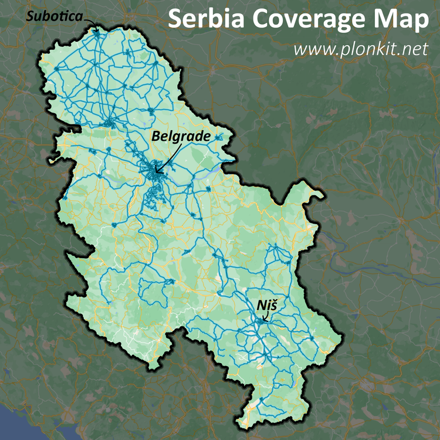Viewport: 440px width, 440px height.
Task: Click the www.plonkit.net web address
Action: click(x=361, y=49)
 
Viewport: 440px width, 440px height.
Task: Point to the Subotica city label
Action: click(x=55, y=17)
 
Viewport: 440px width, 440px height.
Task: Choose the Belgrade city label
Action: click(x=181, y=136)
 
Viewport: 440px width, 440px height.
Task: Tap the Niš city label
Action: click(x=266, y=306)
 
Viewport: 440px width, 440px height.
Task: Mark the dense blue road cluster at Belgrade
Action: click(x=154, y=171)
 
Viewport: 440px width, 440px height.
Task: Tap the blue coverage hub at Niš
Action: click(x=262, y=321)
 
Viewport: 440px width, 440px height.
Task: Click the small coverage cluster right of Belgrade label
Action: click(x=219, y=137)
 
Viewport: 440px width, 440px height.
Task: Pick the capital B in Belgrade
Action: click(x=157, y=136)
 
